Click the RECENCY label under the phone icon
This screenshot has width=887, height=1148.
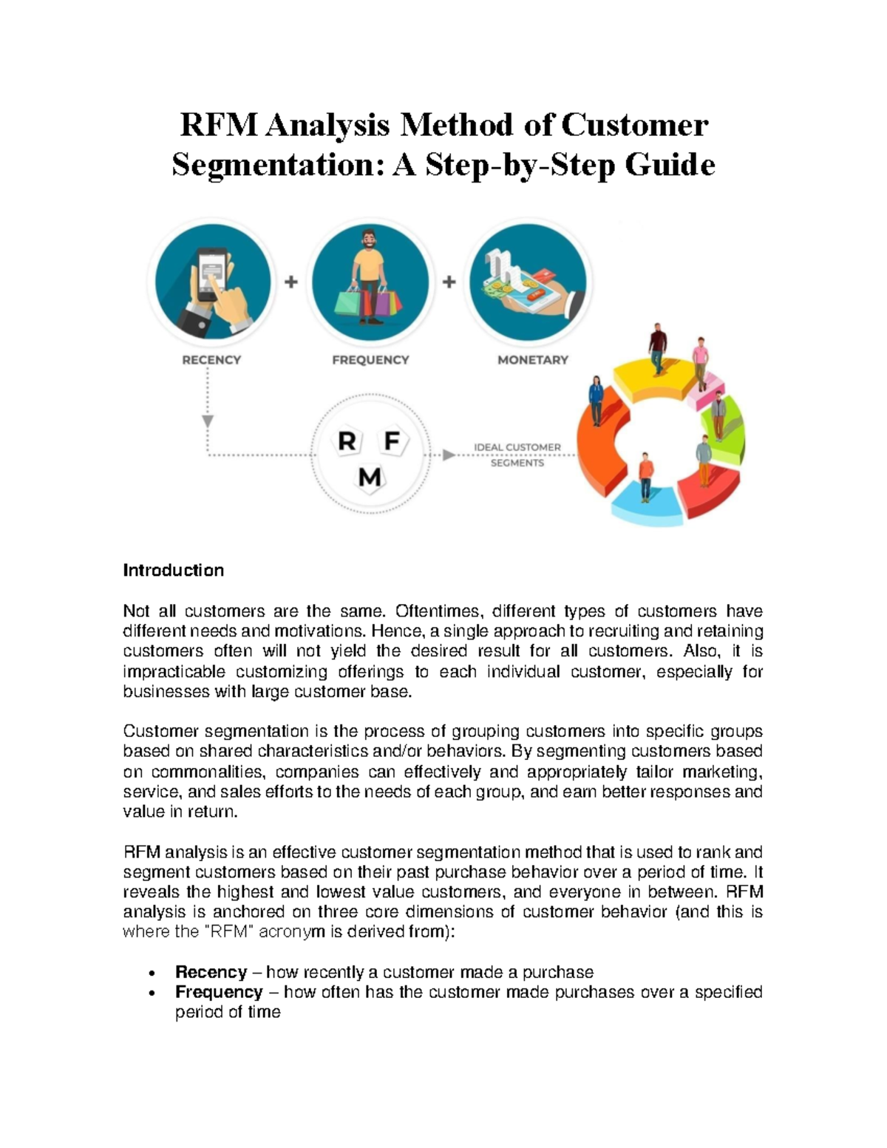click(211, 360)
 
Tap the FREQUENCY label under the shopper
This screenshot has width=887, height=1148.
click(370, 360)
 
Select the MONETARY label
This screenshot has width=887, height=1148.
click(532, 360)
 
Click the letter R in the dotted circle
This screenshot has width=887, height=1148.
click(347, 442)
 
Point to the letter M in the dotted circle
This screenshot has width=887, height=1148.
click(370, 478)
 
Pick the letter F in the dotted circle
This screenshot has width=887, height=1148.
click(392, 441)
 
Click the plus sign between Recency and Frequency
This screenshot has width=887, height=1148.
click(291, 282)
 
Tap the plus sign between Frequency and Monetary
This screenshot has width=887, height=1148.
click(449, 282)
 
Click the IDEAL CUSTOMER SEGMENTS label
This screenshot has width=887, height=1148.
click(517, 455)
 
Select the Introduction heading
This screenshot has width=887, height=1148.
click(173, 570)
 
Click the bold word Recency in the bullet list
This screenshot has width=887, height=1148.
click(211, 971)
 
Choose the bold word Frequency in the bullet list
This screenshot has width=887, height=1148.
click(219, 991)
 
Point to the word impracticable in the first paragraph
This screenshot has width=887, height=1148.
click(174, 671)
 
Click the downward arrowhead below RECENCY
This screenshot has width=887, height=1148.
click(208, 421)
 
